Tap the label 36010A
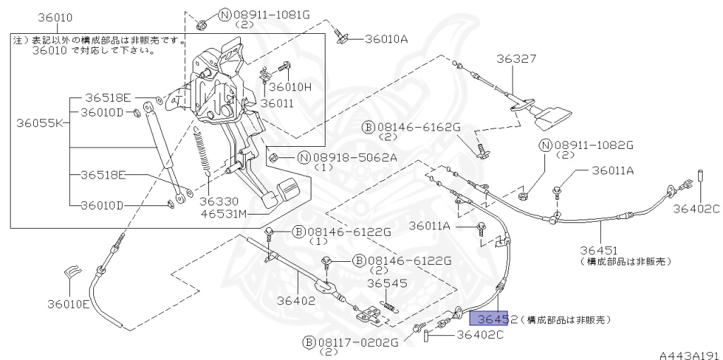pyautogui.click(x=386, y=40)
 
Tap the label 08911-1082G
pyautogui.click(x=595, y=145)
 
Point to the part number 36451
pyautogui.click(x=599, y=250)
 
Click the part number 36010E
pyautogui.click(x=68, y=304)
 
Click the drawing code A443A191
pyautogui.click(x=689, y=352)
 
